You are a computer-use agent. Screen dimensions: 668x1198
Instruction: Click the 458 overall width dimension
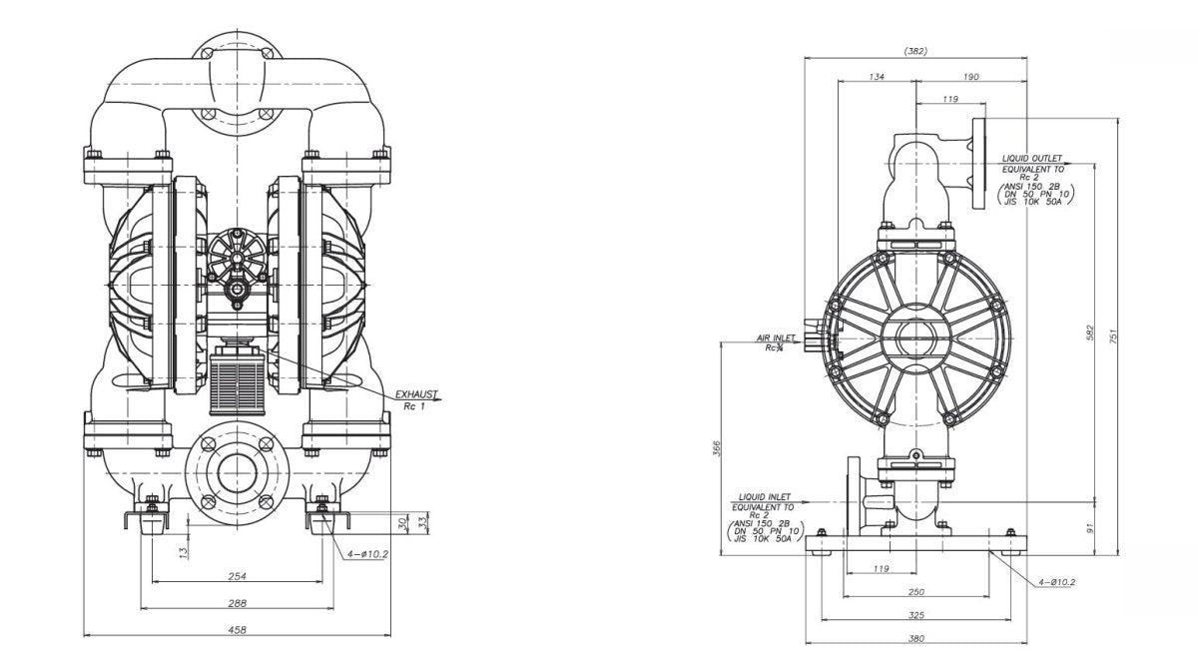pos(237,629)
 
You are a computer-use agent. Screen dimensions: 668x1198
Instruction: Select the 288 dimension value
pos(237,602)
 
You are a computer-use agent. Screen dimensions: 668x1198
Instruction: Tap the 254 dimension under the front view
pos(237,575)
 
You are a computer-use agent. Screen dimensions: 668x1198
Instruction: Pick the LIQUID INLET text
pos(765,496)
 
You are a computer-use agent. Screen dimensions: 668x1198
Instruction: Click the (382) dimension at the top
pos(915,51)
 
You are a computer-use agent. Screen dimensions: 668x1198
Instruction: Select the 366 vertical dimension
pos(717,449)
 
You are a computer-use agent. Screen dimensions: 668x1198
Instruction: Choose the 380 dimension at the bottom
pos(915,638)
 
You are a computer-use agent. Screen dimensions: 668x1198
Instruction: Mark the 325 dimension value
pos(915,615)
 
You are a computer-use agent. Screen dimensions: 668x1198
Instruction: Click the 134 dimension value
pos(877,77)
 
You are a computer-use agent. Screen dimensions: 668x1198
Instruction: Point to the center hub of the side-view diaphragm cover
pos(915,337)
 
